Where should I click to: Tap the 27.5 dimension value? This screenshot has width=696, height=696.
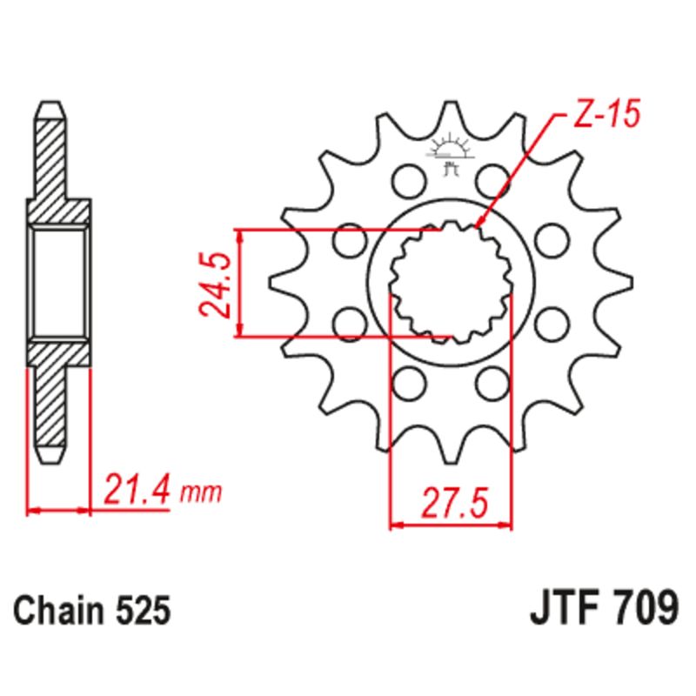451,503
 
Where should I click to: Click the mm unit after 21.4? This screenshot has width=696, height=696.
201,494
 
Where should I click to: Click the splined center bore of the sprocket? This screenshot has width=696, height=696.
450,281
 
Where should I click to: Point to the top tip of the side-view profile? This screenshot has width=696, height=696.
50,104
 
